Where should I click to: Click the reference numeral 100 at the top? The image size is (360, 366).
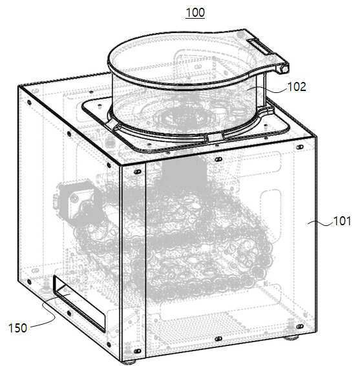click(x=195, y=12)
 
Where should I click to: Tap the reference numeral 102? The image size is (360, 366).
click(x=297, y=87)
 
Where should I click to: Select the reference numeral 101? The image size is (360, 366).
click(x=342, y=221)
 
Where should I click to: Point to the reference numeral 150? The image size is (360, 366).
click(x=17, y=328)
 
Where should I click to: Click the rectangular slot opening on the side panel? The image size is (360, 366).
click(x=79, y=303)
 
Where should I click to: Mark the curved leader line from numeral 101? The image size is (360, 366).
click(x=320, y=223)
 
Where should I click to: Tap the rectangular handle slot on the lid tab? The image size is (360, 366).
click(x=259, y=46)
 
